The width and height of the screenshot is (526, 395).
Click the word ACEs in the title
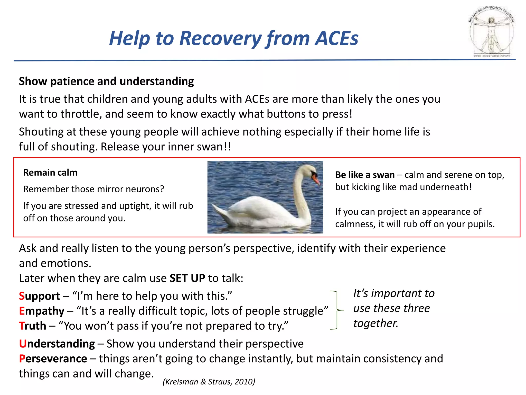(337, 39)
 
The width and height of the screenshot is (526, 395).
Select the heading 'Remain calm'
(50, 172)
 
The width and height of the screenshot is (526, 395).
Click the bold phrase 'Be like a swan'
(365, 175)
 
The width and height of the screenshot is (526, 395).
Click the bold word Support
(40, 296)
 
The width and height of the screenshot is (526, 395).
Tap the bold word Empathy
(42, 311)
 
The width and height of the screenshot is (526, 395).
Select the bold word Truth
(33, 326)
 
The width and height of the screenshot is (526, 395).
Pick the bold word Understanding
(57, 344)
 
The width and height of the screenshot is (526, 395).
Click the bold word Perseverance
(53, 359)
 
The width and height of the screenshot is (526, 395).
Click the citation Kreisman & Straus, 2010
(209, 382)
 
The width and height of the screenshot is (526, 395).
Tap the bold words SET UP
(187, 278)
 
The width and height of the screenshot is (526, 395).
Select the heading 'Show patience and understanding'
(106, 81)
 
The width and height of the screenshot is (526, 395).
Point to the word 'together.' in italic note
(375, 323)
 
